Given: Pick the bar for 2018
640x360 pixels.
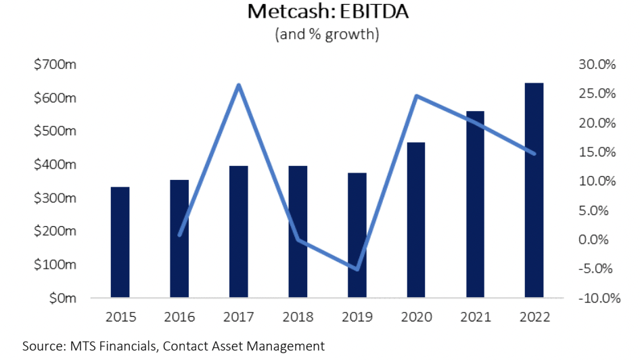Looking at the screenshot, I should (x=298, y=232).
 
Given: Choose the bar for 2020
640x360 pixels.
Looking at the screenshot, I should (x=415, y=220).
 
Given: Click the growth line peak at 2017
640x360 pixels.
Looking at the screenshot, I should (x=239, y=85).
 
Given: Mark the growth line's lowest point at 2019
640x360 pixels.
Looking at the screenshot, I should (x=357, y=269).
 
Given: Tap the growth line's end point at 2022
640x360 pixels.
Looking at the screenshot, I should (x=534, y=154).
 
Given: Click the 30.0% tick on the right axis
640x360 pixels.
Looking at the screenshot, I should (x=597, y=65).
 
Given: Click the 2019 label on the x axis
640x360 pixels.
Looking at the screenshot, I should (x=357, y=317).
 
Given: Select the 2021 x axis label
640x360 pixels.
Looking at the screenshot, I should (x=475, y=317).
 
